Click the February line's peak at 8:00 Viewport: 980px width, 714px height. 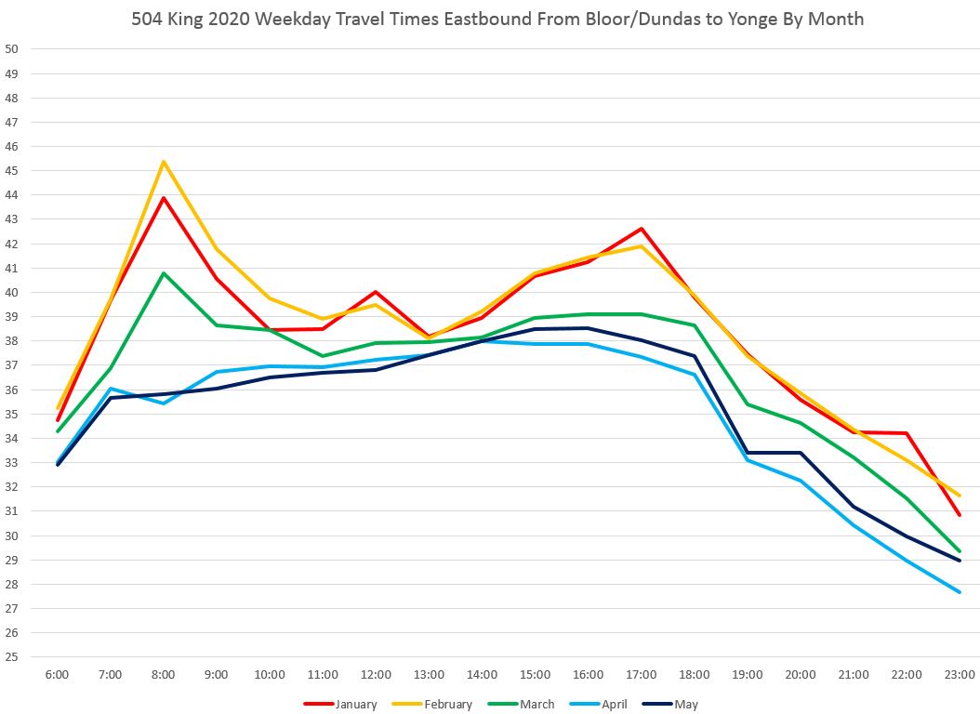pos(164,162)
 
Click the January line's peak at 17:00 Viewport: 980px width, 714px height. pos(642,229)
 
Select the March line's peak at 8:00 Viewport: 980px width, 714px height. pos(164,273)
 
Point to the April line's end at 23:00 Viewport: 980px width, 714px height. pos(960,592)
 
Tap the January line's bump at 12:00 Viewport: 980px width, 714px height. pos(376,292)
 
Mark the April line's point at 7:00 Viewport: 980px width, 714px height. pos(111,388)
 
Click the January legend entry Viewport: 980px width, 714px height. pos(340,704)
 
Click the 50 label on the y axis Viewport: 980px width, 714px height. pos(11,49)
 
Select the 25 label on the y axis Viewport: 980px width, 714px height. pos(11,656)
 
